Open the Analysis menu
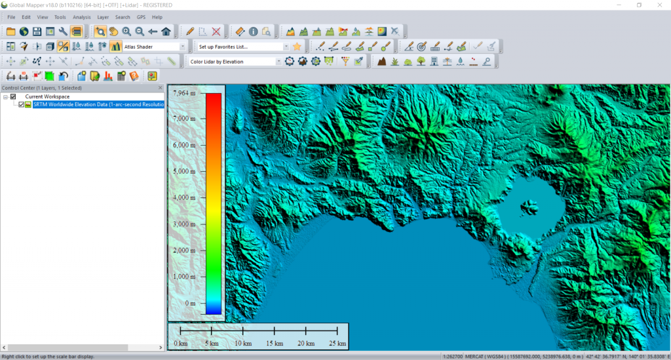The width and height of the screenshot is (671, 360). [82, 17]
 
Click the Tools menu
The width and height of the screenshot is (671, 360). [60, 17]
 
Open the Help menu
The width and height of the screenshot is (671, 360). [157, 17]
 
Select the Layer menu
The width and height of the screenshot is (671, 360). [103, 17]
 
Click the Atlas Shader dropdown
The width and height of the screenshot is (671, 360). [155, 47]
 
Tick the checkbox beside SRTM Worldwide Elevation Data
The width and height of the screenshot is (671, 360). [22, 104]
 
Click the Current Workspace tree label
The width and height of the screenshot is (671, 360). [47, 96]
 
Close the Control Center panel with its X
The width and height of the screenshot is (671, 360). [161, 87]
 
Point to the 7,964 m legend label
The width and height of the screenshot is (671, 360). [184, 93]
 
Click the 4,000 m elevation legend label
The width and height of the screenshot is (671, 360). [183, 197]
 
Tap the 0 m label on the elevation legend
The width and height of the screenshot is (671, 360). [190, 304]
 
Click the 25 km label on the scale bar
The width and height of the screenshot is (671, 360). [337, 344]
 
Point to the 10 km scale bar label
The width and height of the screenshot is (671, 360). [242, 344]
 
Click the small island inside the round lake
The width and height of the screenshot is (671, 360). [526, 209]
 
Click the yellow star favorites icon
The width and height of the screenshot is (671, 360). [297, 47]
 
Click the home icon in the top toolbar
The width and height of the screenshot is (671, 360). [166, 31]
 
